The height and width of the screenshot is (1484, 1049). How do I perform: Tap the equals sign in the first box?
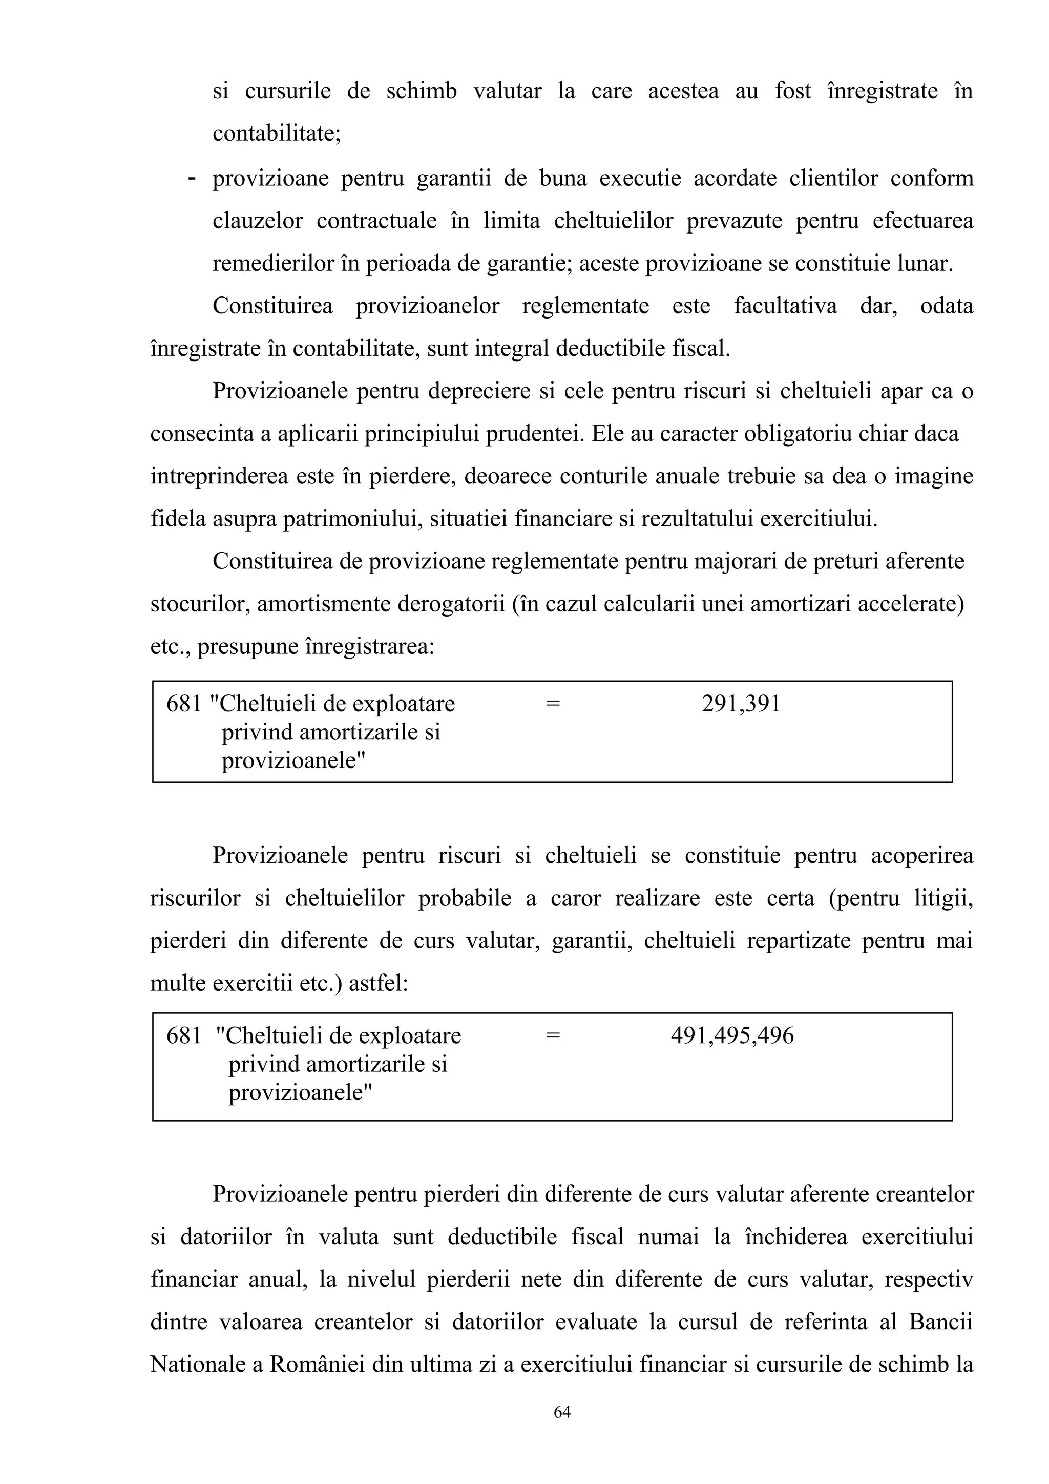[552, 703]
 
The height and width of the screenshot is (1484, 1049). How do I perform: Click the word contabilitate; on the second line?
[277, 134]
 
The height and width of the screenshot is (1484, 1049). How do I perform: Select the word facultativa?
[785, 306]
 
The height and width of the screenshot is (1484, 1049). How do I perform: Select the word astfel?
[378, 984]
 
